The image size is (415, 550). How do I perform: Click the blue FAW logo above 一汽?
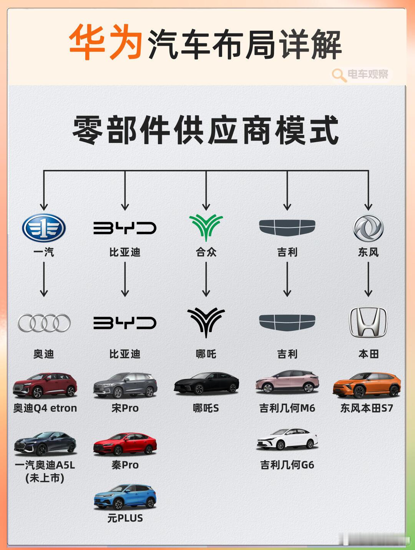(44, 228)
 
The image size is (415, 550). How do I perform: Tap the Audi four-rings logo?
(44, 323)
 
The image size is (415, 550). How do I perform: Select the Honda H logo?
(368, 322)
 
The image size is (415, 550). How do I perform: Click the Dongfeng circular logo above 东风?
(368, 228)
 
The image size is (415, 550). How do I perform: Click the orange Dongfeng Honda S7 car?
(367, 385)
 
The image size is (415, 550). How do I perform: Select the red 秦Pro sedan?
(125, 444)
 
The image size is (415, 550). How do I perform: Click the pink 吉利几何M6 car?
(287, 382)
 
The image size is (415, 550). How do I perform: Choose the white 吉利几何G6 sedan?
(287, 439)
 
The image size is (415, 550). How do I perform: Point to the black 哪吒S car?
(206, 384)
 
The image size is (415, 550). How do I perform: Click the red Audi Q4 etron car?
(45, 385)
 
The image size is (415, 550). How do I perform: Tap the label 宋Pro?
(125, 408)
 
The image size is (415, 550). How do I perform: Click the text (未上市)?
(45, 479)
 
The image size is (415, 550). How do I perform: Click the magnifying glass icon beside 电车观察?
(339, 75)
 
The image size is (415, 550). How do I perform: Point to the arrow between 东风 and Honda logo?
(368, 280)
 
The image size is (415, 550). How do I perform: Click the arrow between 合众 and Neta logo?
(206, 280)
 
